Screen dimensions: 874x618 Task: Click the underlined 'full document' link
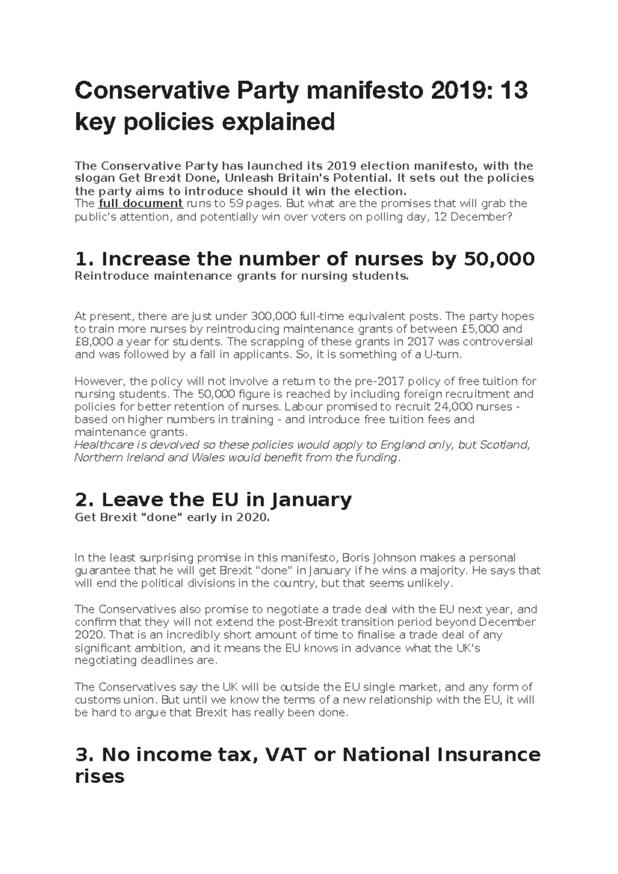[x=140, y=204]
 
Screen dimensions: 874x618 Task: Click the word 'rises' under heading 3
[x=99, y=776]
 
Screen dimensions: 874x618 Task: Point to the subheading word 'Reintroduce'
[x=106, y=276]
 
